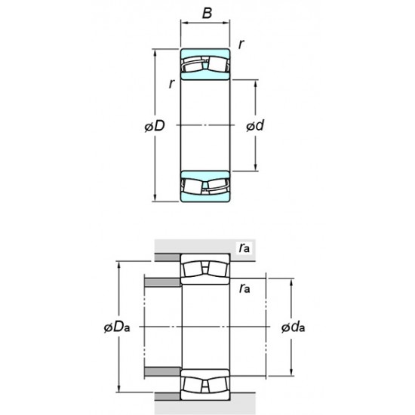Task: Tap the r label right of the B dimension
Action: [x=240, y=45]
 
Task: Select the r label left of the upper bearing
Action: [x=171, y=85]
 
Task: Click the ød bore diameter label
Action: [x=254, y=126]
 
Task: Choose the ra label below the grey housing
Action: [x=244, y=287]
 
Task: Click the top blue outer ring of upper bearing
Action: [x=204, y=55]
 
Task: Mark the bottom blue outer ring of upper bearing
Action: [x=204, y=197]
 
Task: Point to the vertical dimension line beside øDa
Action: [x=118, y=302]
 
